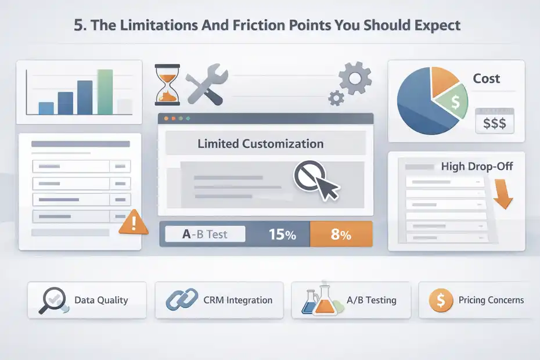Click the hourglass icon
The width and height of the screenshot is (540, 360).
167,85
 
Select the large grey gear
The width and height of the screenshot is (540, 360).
355,78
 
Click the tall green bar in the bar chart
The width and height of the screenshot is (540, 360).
105,92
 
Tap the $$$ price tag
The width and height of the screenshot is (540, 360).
494,123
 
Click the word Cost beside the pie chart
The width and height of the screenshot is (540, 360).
486,79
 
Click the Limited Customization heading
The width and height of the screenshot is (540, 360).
260,143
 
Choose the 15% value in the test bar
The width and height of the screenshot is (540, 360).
282,235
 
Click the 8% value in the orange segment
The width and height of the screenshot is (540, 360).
340,235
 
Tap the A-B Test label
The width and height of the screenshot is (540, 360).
204,235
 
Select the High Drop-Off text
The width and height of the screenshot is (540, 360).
477,167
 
